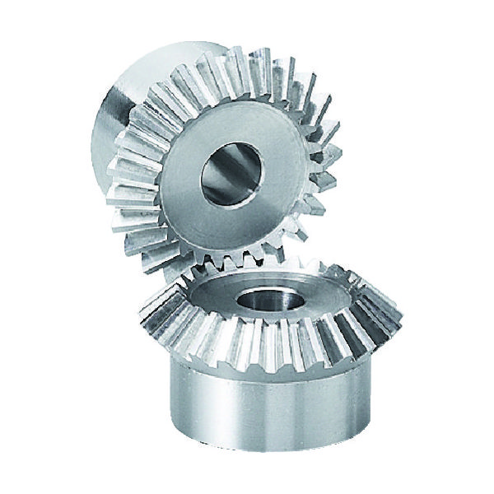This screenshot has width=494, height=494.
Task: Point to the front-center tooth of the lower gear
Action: coord(255,350)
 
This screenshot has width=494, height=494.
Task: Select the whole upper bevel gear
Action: coord(222,156)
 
